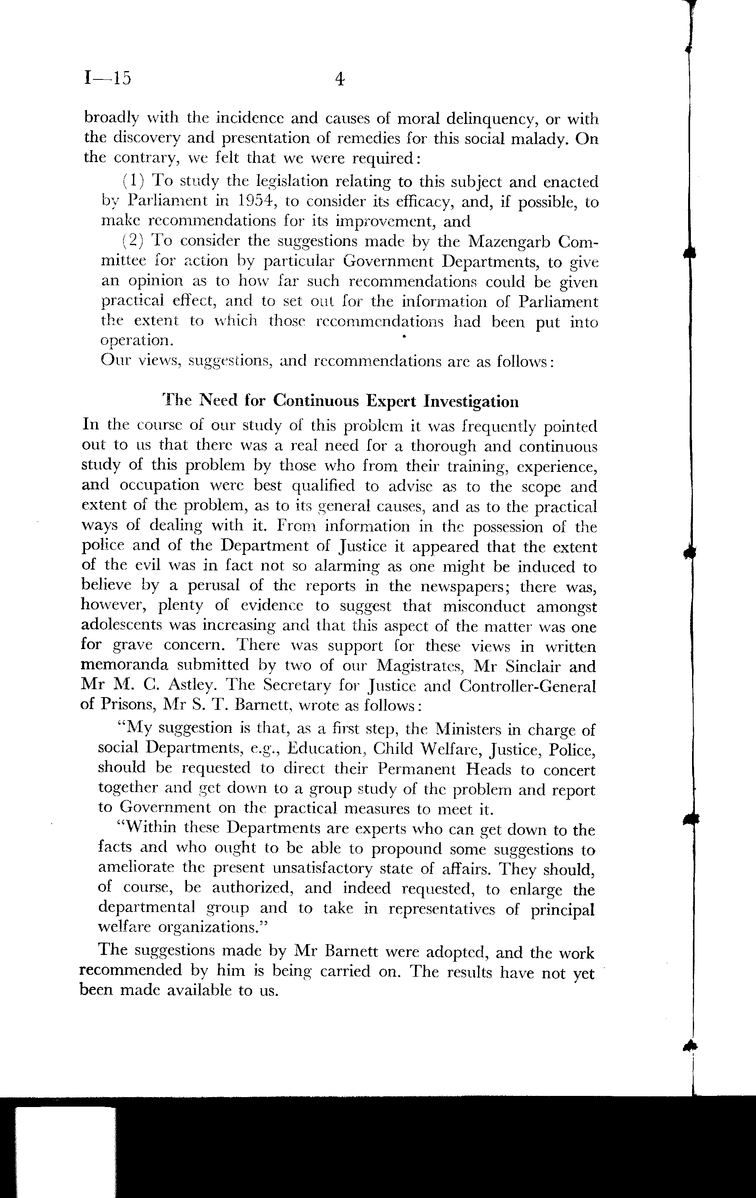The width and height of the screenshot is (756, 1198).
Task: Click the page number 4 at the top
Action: pyautogui.click(x=340, y=79)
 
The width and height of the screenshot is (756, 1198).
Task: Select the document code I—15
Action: pyautogui.click(x=108, y=78)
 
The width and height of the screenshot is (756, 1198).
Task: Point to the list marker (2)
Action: pyautogui.click(x=133, y=241)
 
